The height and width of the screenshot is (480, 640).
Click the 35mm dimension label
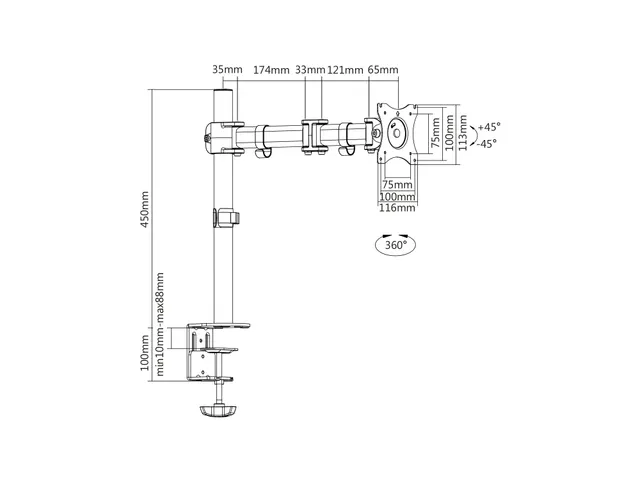pyautogui.click(x=227, y=69)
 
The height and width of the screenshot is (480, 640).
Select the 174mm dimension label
pyautogui.click(x=271, y=70)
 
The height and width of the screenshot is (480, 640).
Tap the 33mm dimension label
pyautogui.click(x=310, y=70)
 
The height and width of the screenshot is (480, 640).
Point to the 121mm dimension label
pyautogui.click(x=345, y=70)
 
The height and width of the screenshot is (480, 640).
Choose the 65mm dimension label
pyautogui.click(x=383, y=69)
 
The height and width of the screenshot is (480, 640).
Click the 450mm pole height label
pyautogui.click(x=145, y=209)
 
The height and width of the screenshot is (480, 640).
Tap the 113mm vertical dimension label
pyautogui.click(x=462, y=133)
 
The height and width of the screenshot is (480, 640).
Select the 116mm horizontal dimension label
pyautogui.click(x=397, y=207)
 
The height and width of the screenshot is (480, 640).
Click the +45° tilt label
pyautogui.click(x=489, y=127)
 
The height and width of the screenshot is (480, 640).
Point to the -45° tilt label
pyautogui.click(x=487, y=144)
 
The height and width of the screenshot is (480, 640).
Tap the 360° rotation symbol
pyautogui.click(x=396, y=244)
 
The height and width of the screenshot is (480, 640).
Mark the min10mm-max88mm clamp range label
pyautogui.click(x=159, y=324)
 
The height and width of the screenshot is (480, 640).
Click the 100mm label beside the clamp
pyautogui.click(x=145, y=353)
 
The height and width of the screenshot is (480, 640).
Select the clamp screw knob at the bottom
pyautogui.click(x=219, y=410)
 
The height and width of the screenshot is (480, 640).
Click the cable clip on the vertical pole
pyautogui.click(x=226, y=217)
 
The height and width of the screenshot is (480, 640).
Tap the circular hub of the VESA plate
pyautogui.click(x=396, y=133)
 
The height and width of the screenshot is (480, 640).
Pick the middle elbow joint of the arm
pyautogui.click(x=314, y=136)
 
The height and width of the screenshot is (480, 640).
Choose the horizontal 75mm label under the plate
pyautogui.click(x=397, y=184)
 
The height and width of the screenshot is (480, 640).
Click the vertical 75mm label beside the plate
pyautogui.click(x=436, y=133)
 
